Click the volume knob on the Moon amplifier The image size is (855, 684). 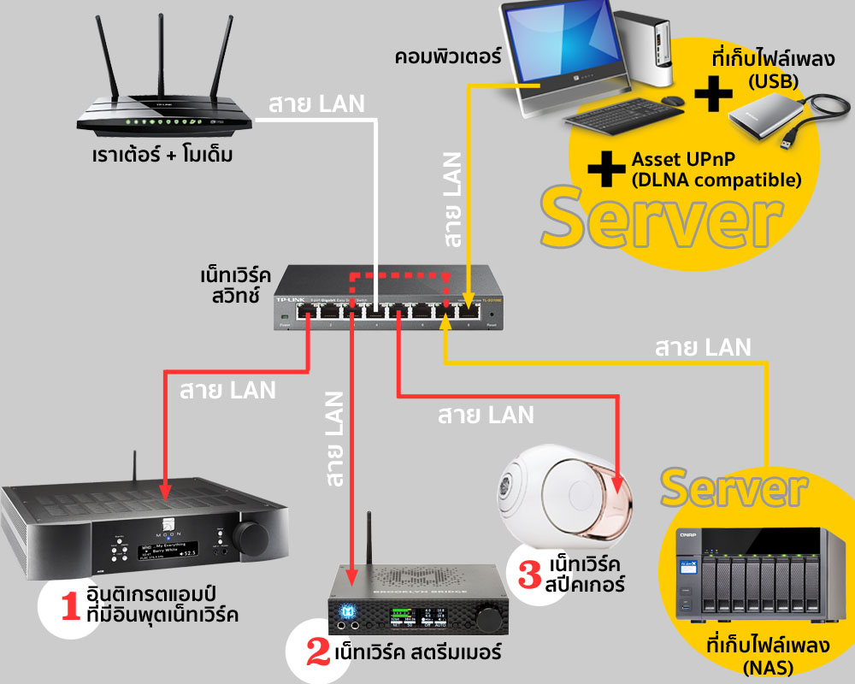pos(250,537)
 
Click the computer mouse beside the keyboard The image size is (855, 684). pos(674,101)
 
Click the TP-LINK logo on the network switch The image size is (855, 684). pos(288,300)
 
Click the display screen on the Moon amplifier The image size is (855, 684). pos(161,548)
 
